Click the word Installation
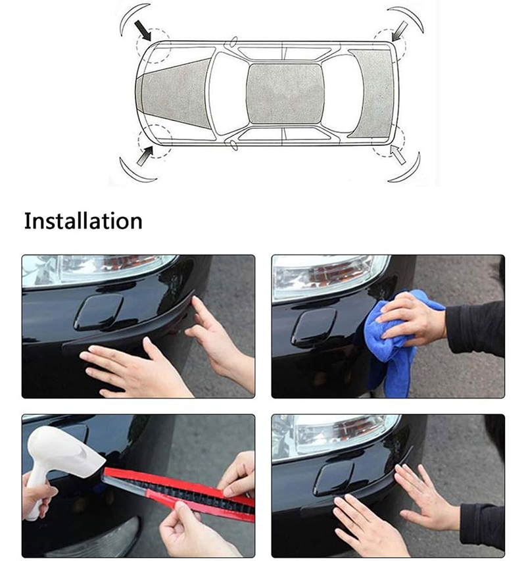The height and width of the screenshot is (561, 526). [x=83, y=221]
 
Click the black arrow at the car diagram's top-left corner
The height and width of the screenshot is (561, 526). [x=143, y=30]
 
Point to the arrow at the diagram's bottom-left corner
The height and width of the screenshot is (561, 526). [x=145, y=156]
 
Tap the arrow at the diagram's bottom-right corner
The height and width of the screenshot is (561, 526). [x=398, y=154]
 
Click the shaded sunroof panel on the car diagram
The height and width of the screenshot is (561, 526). [x=285, y=94]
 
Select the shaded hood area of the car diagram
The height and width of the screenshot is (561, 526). [x=175, y=94]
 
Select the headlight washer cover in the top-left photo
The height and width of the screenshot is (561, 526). [x=99, y=311]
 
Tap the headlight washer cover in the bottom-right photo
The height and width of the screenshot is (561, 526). [x=333, y=478]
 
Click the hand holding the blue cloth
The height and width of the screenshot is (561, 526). [x=411, y=320]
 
